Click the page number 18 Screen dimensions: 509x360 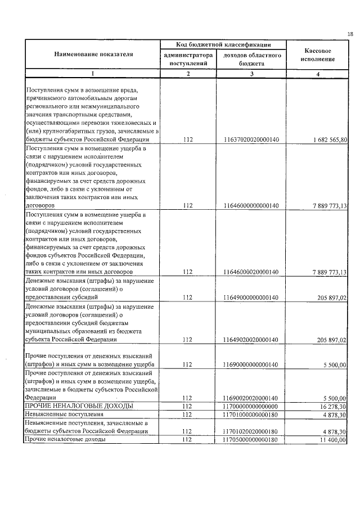pos(350,34)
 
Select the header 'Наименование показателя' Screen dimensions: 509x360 pos(93,55)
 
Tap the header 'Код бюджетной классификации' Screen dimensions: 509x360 pos(223,44)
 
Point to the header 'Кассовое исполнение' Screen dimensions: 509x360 pos(317,55)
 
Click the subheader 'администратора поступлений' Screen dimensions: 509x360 pos(188,60)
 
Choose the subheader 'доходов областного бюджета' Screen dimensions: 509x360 pos(251,60)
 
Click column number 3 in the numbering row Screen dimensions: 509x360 pos(251,74)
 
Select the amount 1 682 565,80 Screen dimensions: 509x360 pos(327,139)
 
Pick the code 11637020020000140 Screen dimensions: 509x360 pos(251,139)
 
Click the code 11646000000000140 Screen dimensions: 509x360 pos(251,206)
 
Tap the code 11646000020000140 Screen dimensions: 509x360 pos(251,272)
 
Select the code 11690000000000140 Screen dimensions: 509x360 pos(251,365)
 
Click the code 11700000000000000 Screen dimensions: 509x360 pos(251,406)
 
